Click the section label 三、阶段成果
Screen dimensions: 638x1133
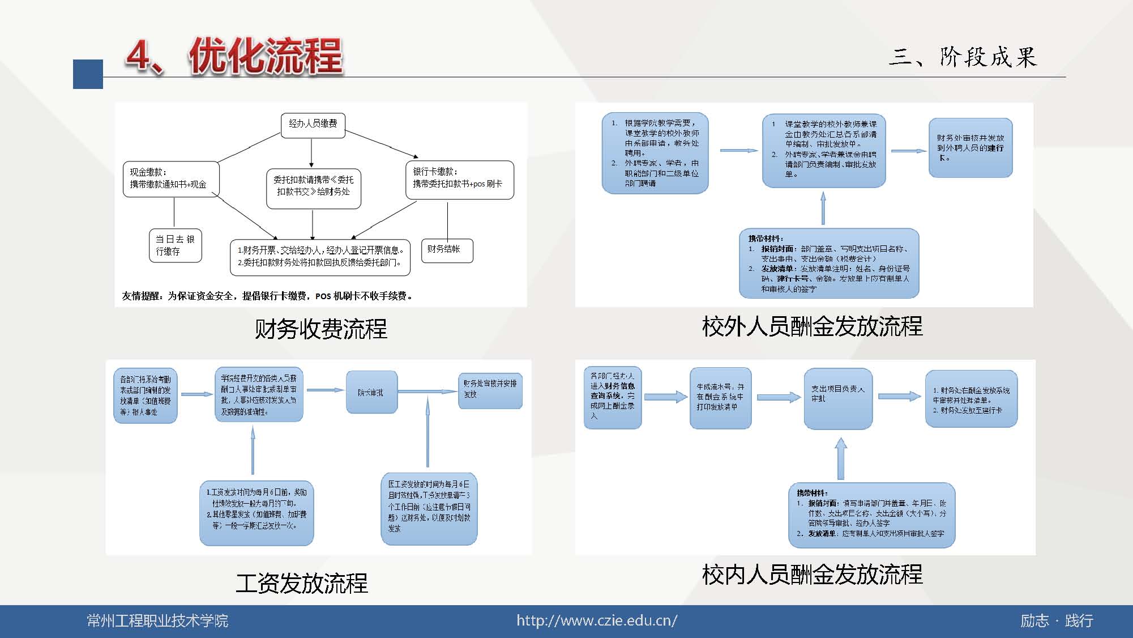coord(963,57)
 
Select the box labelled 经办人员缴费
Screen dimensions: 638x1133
coord(313,124)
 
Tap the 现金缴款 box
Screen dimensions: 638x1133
coord(171,179)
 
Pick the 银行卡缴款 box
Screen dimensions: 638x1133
coord(459,180)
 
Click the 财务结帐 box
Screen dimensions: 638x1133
coord(446,250)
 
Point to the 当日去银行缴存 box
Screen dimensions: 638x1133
coord(175,245)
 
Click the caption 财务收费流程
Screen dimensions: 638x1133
coord(320,329)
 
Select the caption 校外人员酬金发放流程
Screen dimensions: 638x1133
coord(812,326)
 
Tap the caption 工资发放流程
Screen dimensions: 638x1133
coord(302,583)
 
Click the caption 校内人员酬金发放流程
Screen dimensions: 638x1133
coord(812,574)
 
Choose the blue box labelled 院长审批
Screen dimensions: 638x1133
coord(371,392)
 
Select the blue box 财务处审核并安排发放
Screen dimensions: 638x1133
coord(490,390)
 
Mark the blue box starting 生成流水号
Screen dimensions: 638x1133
coord(720,397)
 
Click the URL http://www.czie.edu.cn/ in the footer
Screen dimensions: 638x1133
coord(596,620)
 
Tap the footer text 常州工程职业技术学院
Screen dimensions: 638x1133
coord(157,620)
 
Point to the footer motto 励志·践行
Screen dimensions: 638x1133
coord(1056,620)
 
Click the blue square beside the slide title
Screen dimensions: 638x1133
coord(88,74)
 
